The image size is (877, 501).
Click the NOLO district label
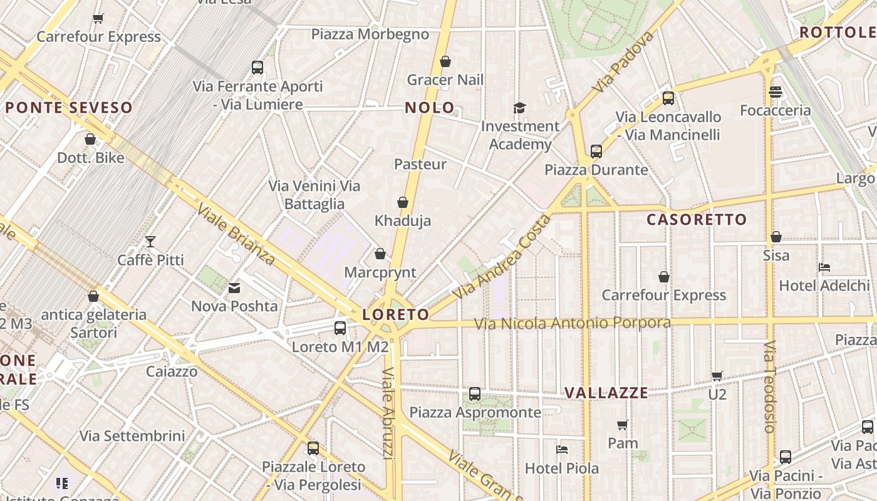point(430,108)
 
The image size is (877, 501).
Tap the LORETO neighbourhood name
point(396,314)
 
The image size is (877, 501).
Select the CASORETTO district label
point(697,220)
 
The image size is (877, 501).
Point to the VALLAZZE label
point(606,393)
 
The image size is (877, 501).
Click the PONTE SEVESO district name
point(69,108)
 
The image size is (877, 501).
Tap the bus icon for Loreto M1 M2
point(340,328)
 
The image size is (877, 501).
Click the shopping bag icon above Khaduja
point(403,202)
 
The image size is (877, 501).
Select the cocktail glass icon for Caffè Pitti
point(150,242)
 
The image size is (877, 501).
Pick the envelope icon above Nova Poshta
point(234,288)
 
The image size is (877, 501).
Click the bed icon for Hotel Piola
point(562,450)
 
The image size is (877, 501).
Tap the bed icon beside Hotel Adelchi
point(824,267)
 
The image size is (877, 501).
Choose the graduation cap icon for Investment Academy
point(519,108)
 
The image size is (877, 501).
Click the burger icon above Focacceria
point(776,92)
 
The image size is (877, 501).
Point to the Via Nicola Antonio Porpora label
point(572,323)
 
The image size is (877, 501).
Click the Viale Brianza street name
point(236,234)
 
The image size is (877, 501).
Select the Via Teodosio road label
point(770,386)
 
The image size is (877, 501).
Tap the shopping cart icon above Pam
point(623,425)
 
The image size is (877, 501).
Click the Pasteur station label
point(420,164)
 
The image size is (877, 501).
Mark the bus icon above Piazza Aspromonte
point(475,394)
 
